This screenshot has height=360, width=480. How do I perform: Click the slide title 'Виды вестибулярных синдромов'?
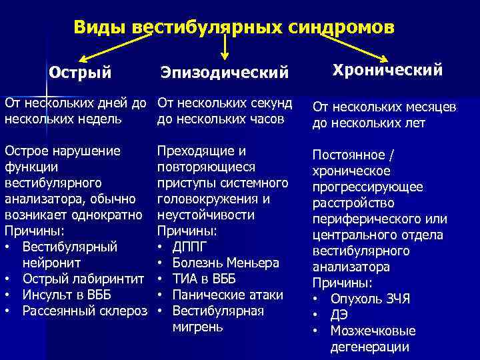point(234,27)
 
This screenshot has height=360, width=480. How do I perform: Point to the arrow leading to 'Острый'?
point(113,46)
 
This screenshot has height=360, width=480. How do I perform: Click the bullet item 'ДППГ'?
point(191,247)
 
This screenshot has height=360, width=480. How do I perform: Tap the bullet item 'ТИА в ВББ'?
point(203,279)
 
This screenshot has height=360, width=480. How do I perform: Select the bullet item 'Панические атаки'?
point(227,295)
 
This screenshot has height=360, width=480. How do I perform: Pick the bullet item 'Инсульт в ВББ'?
point(67,295)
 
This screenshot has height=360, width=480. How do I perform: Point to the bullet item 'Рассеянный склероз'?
point(84,311)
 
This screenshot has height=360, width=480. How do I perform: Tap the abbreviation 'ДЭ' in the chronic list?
point(338,315)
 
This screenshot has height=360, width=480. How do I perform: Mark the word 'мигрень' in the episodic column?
point(198,327)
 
